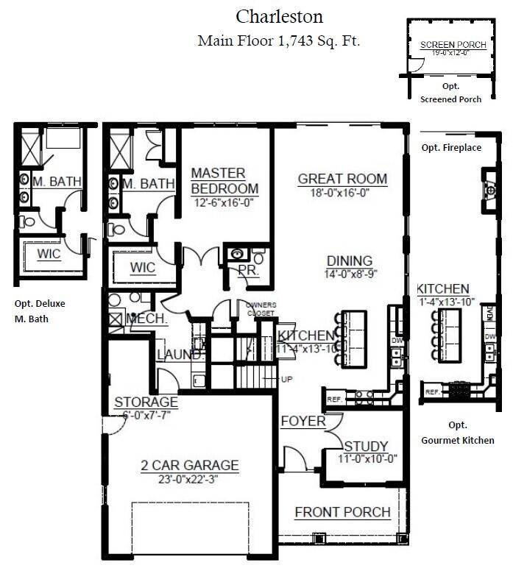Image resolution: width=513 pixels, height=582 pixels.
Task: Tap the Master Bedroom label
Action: point(218,180)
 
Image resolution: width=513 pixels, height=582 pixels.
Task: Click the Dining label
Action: point(350,261)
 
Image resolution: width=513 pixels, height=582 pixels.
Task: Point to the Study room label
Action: point(366,446)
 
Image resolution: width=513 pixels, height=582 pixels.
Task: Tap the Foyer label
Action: point(303,421)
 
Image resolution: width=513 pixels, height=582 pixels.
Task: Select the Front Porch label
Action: point(342,512)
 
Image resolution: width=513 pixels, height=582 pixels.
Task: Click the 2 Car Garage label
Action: point(190,465)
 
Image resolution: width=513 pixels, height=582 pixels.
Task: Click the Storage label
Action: point(146,402)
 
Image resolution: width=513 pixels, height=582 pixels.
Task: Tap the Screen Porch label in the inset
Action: point(453,45)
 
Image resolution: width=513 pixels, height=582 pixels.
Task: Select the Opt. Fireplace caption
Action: point(451,148)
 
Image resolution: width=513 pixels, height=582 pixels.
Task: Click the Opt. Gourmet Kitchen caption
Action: point(457,433)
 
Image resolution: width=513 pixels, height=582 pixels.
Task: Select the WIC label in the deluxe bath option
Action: point(49,255)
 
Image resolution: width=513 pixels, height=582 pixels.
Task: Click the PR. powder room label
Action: point(247,271)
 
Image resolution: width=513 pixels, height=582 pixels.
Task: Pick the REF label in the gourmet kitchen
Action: point(432,392)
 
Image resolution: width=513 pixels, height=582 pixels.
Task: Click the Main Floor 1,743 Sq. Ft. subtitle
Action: point(279,41)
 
